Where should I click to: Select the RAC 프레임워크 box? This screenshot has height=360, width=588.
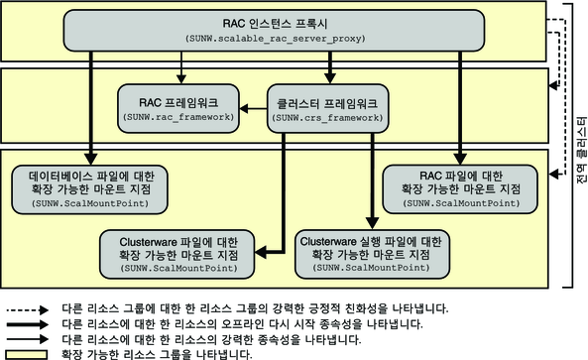178,107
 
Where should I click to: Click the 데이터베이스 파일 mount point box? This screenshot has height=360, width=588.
91,187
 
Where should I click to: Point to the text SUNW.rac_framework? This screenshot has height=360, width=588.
178,117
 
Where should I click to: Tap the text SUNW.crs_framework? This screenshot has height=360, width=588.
328,117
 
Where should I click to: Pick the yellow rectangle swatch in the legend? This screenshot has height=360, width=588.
28,353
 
